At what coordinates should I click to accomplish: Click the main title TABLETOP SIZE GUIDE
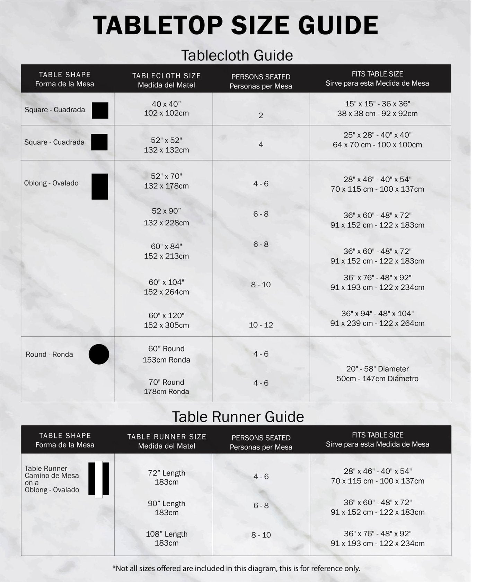point(235,25)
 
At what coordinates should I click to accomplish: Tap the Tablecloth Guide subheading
point(237,55)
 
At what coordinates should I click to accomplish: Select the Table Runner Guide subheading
point(238,417)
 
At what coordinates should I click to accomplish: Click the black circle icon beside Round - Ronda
point(99,354)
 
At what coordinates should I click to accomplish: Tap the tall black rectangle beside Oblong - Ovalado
point(100,186)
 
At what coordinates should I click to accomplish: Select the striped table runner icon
point(99,479)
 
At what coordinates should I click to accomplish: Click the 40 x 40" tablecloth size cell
point(166,108)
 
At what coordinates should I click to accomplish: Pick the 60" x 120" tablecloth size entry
point(166,320)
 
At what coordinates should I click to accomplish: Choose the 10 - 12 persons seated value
point(261,325)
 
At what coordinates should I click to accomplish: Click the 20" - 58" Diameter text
point(377,369)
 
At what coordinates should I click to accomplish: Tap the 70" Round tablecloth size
point(166,386)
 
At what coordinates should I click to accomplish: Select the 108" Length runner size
point(167,538)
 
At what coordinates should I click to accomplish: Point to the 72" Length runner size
point(167,477)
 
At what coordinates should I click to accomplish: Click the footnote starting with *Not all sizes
point(236,568)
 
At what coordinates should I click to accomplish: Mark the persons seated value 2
point(261,115)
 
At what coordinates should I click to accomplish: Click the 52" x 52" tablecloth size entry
point(166,145)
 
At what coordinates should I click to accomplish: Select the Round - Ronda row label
point(49,354)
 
